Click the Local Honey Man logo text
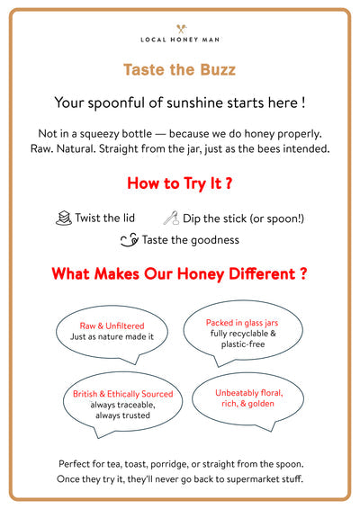(x=180, y=40)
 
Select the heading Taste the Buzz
(x=180, y=69)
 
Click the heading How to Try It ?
(x=180, y=183)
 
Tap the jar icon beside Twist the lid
(x=63, y=218)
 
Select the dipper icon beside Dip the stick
(x=171, y=218)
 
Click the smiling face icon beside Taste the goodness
(x=130, y=240)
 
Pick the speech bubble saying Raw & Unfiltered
(x=112, y=330)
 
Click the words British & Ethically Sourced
(x=122, y=395)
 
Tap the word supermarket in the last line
(x=252, y=478)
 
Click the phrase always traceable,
(x=122, y=406)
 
